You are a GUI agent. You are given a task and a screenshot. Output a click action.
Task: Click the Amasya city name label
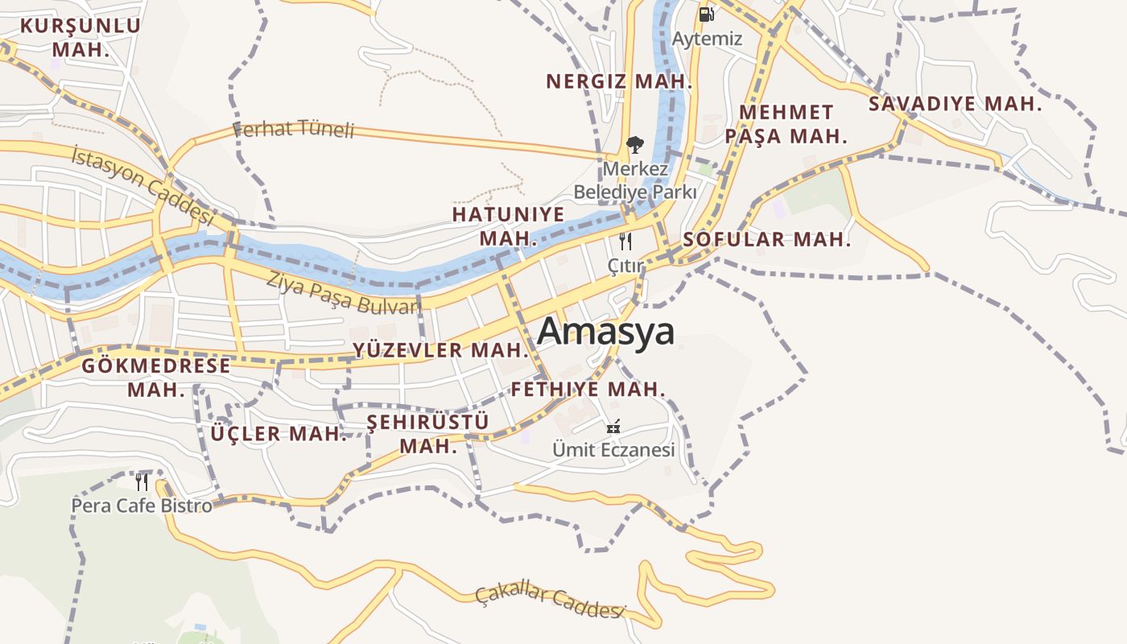(605, 331)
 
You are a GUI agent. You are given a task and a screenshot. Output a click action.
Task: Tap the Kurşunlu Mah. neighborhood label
(80, 37)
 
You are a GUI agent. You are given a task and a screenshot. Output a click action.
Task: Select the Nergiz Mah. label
(619, 81)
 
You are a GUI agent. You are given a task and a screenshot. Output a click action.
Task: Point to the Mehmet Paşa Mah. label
(786, 124)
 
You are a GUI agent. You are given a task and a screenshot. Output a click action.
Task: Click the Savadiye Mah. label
(955, 104)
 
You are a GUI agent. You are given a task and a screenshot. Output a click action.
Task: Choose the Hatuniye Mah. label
(508, 226)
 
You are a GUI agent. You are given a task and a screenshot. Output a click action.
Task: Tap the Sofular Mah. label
(766, 239)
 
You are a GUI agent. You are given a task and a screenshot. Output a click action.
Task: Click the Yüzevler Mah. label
(440, 350)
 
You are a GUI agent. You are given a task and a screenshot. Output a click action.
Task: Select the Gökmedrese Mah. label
(156, 378)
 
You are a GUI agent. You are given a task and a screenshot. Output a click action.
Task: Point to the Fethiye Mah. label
(588, 390)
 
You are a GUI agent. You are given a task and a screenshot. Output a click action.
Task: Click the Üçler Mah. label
(279, 434)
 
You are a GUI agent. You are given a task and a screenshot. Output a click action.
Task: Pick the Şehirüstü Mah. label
(428, 434)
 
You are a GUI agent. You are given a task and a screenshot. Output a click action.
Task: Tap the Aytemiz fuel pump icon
(706, 14)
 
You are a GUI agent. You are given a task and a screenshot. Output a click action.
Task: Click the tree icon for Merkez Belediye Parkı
(635, 145)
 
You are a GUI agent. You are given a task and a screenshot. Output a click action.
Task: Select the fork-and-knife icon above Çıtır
(625, 241)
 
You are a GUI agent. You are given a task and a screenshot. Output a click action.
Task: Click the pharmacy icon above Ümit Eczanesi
(613, 427)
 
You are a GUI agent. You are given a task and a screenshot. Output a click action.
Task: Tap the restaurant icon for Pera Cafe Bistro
(142, 481)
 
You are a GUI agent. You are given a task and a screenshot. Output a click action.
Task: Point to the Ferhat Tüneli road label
(294, 128)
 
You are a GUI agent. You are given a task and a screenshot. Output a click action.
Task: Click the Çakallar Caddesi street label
(550, 601)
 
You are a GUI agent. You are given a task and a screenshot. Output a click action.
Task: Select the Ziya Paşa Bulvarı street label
(344, 293)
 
